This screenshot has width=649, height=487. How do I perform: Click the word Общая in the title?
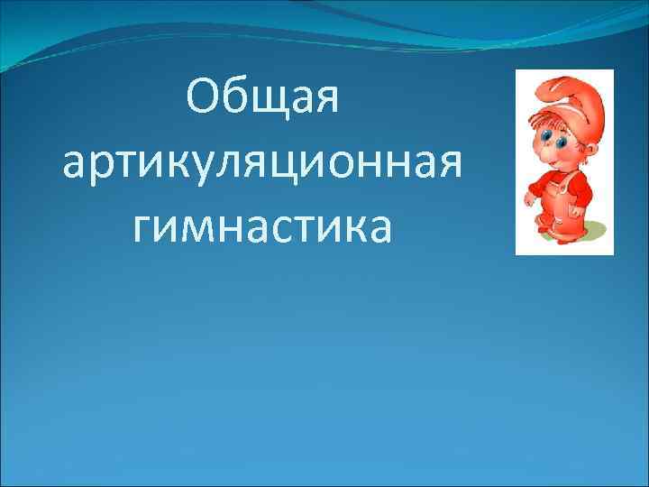coord(263,96)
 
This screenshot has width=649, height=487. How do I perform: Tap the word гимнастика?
coord(263,227)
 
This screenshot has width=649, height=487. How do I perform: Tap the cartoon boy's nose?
coord(552,152)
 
